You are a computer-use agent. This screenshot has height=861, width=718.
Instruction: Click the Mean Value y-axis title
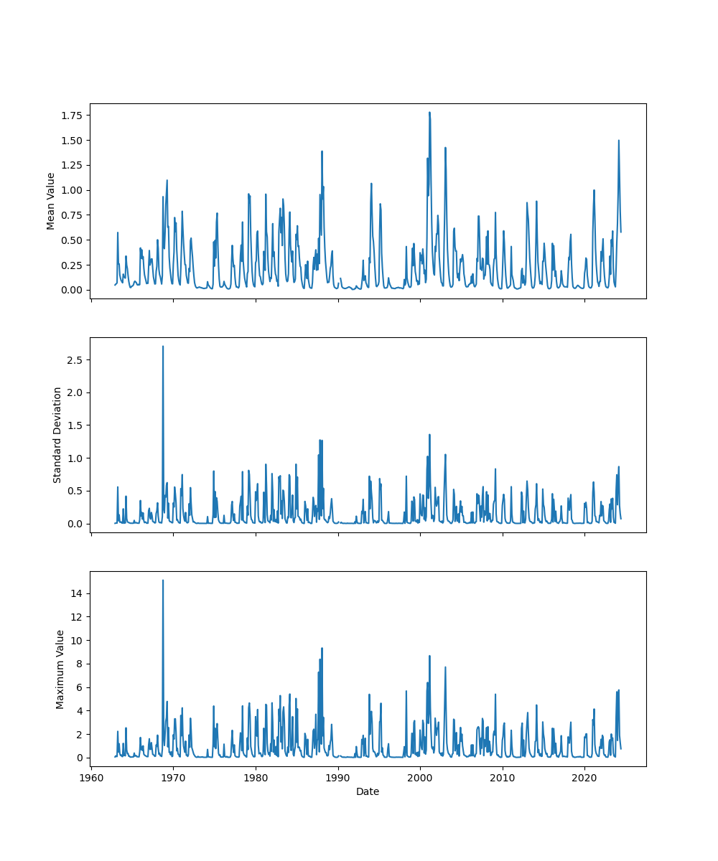(x=51, y=201)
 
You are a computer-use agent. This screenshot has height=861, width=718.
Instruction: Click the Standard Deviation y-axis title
(x=57, y=435)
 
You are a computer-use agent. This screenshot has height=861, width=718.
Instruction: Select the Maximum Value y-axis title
(x=60, y=669)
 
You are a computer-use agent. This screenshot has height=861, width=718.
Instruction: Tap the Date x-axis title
(x=368, y=792)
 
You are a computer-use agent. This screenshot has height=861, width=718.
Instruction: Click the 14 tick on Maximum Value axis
(x=76, y=593)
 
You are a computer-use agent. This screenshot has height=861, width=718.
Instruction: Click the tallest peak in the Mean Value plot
(x=429, y=113)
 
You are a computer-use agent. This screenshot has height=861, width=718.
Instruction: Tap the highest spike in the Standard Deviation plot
(x=163, y=347)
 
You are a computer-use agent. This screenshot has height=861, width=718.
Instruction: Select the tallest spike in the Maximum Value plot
(x=163, y=580)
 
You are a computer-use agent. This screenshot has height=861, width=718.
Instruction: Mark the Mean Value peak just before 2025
(x=618, y=141)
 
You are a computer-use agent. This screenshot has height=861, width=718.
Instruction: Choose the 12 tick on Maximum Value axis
(x=76, y=617)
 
